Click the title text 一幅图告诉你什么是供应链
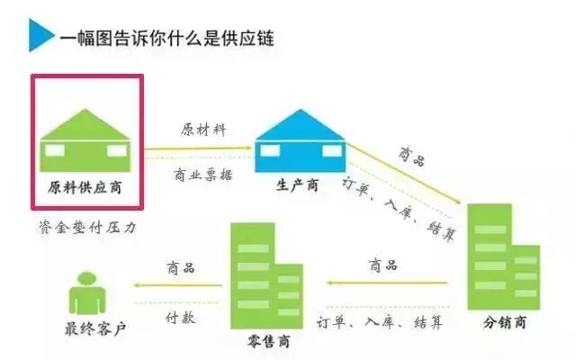pos(166,37)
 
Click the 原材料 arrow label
pos(204,130)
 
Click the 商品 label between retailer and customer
pos(181,268)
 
